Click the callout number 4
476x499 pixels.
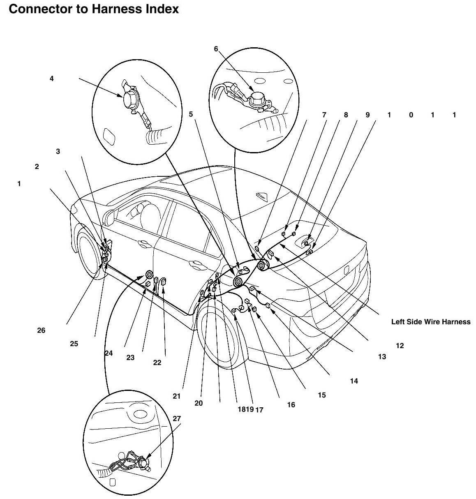point(51,79)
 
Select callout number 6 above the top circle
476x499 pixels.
point(216,49)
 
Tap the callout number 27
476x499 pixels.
point(176,418)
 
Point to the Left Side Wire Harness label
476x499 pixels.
point(430,322)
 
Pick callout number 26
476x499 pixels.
point(41,330)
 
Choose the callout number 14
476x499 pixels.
point(354,381)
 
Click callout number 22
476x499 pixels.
point(157,363)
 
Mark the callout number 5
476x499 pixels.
point(191,114)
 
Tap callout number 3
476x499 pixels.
point(58,151)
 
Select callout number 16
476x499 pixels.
point(291,405)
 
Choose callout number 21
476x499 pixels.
point(177,396)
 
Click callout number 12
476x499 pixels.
point(400,346)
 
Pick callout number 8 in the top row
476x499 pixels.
point(346,115)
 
